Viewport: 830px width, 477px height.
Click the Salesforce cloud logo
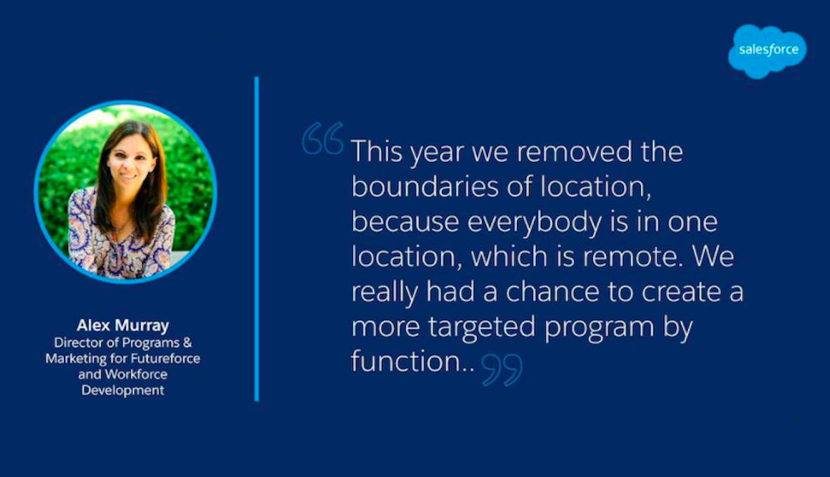tap(767, 51)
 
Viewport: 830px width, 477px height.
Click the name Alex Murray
tap(123, 325)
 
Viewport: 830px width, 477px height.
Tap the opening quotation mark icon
tap(323, 138)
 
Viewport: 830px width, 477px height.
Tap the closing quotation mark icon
tap(502, 369)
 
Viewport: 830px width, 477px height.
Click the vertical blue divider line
tap(257, 238)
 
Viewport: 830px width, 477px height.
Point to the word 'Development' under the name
tap(123, 390)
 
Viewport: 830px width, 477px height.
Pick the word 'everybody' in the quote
tap(535, 222)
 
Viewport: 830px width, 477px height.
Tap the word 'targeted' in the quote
tap(482, 327)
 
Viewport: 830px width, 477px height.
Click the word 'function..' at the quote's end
tap(413, 361)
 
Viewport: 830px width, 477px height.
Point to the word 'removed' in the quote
tap(574, 151)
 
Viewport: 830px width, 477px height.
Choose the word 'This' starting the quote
tap(376, 151)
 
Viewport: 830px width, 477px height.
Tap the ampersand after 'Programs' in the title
tap(187, 343)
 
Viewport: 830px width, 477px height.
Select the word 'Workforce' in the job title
tap(136, 375)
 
